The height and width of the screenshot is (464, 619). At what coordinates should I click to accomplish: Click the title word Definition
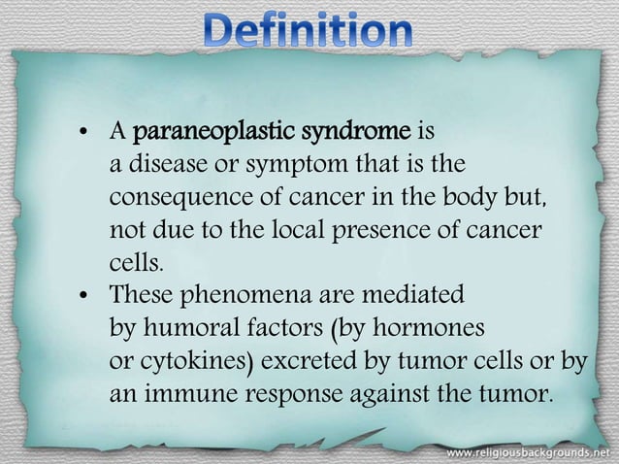310,32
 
